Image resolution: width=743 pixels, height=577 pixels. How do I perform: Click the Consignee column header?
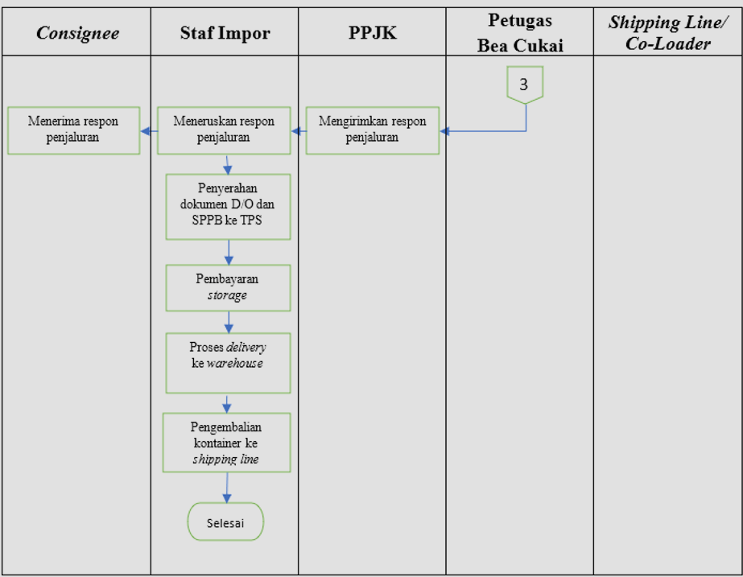click(x=77, y=33)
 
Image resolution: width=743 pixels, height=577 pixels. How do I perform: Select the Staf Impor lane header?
click(x=225, y=33)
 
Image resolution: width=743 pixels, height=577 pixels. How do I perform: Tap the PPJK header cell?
click(x=373, y=33)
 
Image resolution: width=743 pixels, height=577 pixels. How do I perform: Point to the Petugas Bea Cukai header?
click(x=520, y=33)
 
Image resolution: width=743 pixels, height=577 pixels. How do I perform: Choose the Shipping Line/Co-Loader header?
click(x=667, y=33)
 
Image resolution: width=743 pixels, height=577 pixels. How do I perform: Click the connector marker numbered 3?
click(x=524, y=84)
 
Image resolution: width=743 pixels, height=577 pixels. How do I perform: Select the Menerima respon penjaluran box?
click(x=73, y=130)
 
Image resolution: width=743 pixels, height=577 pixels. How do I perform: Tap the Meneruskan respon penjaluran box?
click(x=224, y=130)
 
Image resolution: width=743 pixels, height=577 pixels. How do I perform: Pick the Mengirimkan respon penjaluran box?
click(x=372, y=130)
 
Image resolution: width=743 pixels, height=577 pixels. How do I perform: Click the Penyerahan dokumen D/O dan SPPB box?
click(x=228, y=206)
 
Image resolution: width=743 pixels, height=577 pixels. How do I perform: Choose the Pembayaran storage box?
click(x=228, y=287)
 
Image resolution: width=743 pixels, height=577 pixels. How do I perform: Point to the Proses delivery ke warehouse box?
click(x=228, y=362)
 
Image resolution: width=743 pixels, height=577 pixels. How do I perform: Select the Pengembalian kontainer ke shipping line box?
click(x=227, y=443)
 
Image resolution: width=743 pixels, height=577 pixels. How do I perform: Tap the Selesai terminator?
click(x=225, y=521)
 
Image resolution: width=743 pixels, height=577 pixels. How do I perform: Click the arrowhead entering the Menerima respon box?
click(x=145, y=130)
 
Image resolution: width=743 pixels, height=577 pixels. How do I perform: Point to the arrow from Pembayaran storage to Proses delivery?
click(x=229, y=322)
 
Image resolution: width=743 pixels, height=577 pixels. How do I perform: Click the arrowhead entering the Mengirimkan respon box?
click(x=444, y=130)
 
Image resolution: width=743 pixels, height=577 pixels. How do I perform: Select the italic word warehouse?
click(x=234, y=364)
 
